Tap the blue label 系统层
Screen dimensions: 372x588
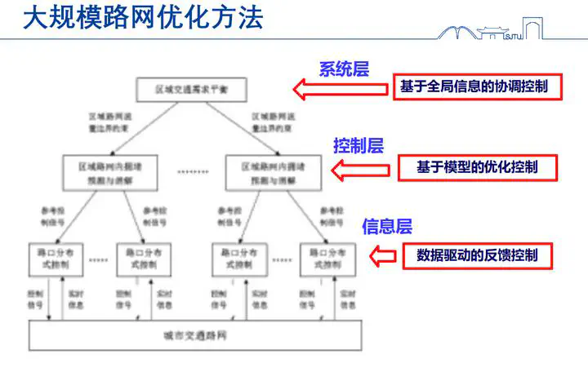pos(344,69)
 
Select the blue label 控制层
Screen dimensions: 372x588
pos(358,146)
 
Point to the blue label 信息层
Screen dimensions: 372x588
pos(386,226)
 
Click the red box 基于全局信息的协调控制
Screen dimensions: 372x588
pos(479,87)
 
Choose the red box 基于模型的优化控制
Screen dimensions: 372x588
pos(477,167)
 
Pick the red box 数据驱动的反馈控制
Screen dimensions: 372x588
pos(477,255)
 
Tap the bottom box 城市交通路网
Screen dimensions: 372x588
pos(194,335)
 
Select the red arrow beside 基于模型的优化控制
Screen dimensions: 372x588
pos(353,170)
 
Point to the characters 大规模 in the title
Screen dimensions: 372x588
pos(52,18)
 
